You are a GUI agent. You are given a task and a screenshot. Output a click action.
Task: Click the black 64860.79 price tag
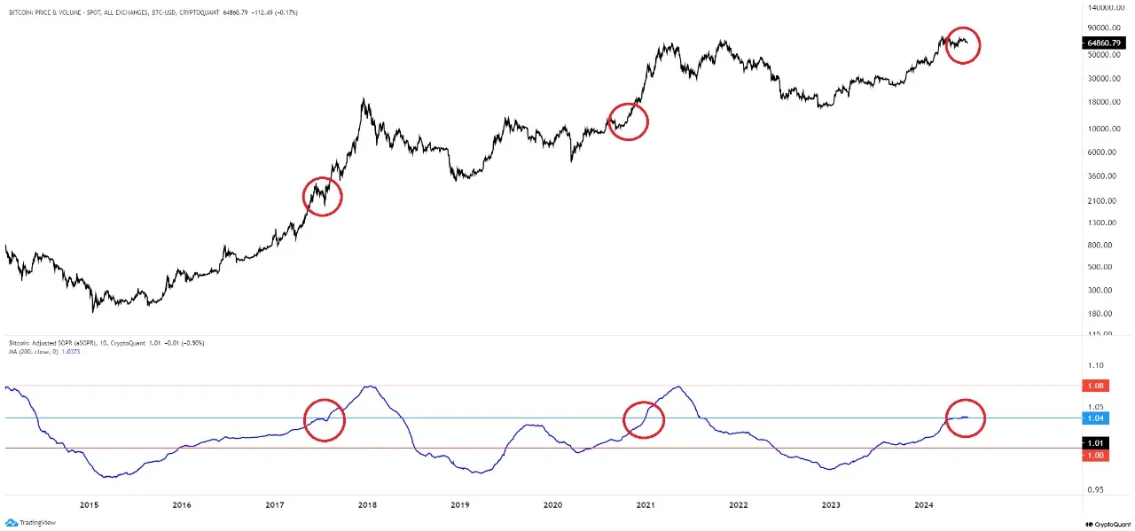[x=1105, y=43]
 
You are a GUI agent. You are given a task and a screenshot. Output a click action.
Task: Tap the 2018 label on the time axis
[x=367, y=505]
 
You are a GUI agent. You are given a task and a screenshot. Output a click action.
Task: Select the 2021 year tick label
[x=646, y=505]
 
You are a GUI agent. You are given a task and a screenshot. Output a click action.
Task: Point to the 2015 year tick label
[x=89, y=505]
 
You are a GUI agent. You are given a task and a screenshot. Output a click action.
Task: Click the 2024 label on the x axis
[x=924, y=505]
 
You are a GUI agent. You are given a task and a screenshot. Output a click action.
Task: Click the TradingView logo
[x=31, y=523]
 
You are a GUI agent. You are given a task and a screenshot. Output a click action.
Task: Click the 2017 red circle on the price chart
[x=322, y=196]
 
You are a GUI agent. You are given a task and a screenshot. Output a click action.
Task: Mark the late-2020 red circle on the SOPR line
[x=644, y=419]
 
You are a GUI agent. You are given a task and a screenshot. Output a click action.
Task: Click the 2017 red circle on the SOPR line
[x=324, y=419]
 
